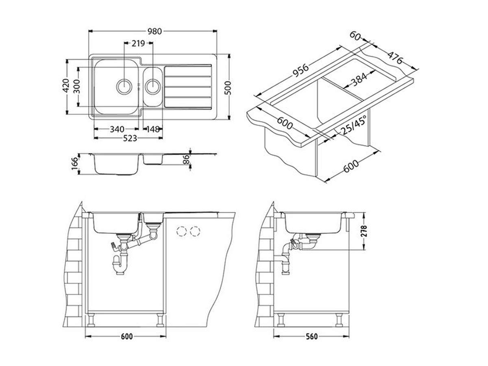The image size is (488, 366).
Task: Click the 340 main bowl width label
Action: (117, 129)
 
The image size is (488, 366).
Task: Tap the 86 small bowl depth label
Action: (186, 159)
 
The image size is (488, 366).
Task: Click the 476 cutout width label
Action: (394, 58)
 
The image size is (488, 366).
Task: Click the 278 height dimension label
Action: (364, 232)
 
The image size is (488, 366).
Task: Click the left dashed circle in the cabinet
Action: (181, 231)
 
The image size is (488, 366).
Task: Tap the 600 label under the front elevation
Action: (127, 336)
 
